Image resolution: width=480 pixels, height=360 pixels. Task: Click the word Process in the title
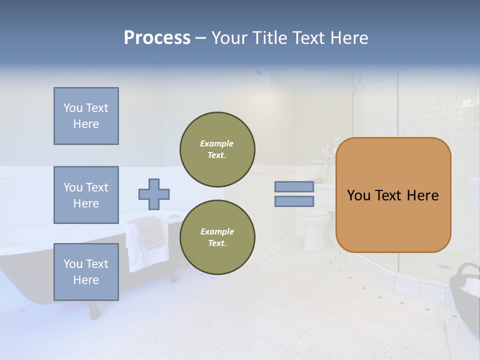(x=157, y=38)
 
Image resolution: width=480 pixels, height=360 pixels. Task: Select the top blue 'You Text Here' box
(x=86, y=116)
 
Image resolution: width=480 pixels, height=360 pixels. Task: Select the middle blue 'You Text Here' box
(x=86, y=195)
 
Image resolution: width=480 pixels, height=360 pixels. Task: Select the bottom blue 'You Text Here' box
(x=86, y=272)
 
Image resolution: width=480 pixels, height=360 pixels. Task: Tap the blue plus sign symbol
(x=154, y=194)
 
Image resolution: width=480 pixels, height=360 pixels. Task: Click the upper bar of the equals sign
(x=294, y=186)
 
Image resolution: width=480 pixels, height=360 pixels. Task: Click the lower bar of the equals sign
(x=294, y=201)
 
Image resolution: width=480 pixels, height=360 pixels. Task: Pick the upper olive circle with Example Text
(x=217, y=149)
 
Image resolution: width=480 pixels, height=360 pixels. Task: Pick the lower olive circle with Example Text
(x=217, y=237)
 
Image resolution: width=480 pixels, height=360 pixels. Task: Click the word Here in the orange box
(x=422, y=195)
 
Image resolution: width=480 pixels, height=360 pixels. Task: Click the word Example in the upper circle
(x=217, y=143)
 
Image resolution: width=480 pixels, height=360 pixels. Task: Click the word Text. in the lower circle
(x=217, y=243)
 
